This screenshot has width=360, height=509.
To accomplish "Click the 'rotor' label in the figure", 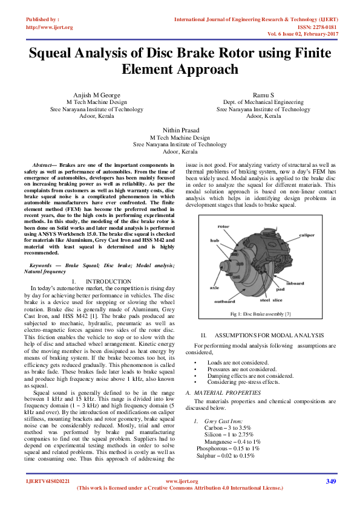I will point(223,227).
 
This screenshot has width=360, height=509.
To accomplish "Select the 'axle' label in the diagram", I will point(214,288).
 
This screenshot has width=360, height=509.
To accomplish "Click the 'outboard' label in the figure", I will point(224,300).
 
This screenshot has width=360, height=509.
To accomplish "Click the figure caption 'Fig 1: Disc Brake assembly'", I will point(261,314).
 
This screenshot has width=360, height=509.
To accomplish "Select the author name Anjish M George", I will point(96,96).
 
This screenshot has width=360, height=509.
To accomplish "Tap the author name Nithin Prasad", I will point(180,130).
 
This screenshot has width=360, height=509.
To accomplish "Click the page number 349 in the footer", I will point(330,482).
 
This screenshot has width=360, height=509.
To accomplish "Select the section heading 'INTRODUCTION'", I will point(108,282).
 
